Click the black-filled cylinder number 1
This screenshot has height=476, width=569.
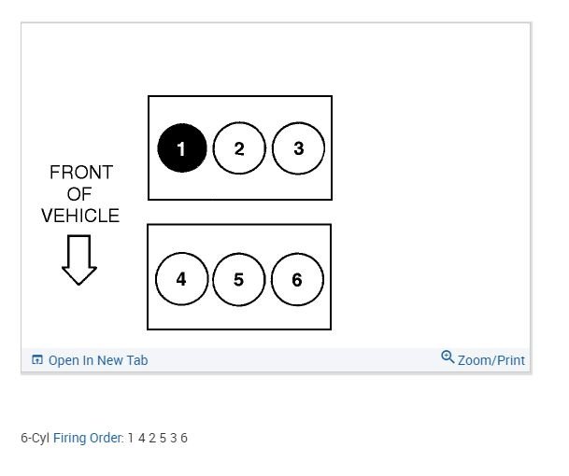click(x=181, y=148)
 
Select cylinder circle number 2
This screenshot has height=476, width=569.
click(x=239, y=148)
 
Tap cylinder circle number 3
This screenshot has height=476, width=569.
click(x=298, y=148)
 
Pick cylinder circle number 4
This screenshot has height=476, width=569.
click(x=180, y=279)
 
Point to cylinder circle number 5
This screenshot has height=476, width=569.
click(x=238, y=279)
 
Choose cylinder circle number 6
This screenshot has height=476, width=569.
click(x=297, y=279)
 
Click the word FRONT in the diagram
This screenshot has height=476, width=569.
click(x=80, y=173)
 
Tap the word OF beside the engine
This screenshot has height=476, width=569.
click(x=80, y=194)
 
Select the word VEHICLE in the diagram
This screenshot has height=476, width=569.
click(x=80, y=216)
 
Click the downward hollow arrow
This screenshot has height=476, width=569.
click(x=79, y=259)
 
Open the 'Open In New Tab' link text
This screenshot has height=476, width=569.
click(x=98, y=360)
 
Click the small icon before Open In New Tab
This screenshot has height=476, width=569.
click(x=37, y=360)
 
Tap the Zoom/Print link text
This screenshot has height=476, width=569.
click(x=491, y=360)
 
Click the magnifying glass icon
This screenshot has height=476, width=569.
click(x=448, y=357)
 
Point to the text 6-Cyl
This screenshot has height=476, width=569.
click(x=36, y=438)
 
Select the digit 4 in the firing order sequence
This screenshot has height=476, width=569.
click(x=142, y=438)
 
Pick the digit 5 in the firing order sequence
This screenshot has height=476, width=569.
click(x=163, y=438)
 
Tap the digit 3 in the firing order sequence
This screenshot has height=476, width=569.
click(x=174, y=438)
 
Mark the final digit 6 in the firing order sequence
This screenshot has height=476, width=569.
click(x=184, y=438)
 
